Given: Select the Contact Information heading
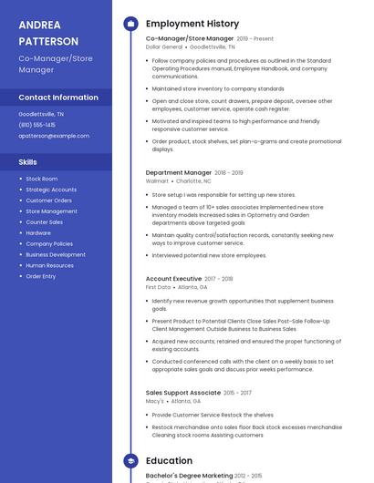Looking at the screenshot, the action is coord(58,98).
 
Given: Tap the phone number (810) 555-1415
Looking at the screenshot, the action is coord(37,125).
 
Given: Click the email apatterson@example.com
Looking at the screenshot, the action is coord(54,136).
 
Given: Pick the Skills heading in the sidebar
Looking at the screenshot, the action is coord(28,161).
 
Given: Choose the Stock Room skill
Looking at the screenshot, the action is coord(42,179).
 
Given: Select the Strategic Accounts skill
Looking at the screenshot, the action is coord(51,190).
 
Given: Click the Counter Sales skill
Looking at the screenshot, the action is coord(45,222).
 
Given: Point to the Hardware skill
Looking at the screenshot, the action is coord(38,233).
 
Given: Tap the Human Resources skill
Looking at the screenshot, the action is coord(50,265).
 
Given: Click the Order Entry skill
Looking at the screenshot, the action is coord(41,276).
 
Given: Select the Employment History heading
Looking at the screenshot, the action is coord(192,24).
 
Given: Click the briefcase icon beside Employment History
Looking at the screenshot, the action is coord(130,24).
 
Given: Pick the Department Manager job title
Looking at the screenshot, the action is coord(179,172).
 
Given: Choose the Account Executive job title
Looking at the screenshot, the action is coord(173,279).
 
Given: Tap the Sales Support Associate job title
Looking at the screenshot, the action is coord(183,393).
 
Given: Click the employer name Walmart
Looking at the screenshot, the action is coord(157,181).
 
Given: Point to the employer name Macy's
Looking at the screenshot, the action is coord(155,401).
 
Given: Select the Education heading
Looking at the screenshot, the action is coord(169,461).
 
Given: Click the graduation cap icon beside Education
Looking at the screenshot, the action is coord(130,461).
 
